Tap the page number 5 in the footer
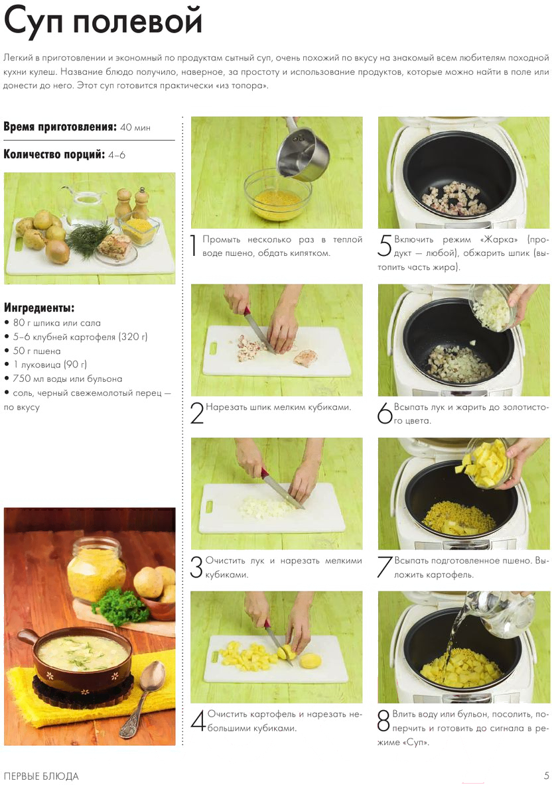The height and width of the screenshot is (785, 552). pyautogui.click(x=547, y=776)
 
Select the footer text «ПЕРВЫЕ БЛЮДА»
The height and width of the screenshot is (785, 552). pyautogui.click(x=41, y=776)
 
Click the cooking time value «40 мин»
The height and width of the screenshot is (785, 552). pyautogui.click(x=135, y=127)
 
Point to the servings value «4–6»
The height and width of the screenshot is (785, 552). pyautogui.click(x=117, y=155)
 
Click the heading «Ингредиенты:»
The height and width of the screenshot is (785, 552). pyautogui.click(x=39, y=308)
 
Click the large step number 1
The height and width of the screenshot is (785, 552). pyautogui.click(x=194, y=245)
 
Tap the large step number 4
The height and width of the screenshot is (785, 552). pyautogui.click(x=198, y=720)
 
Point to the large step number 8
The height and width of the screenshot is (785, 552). pyautogui.click(x=383, y=720)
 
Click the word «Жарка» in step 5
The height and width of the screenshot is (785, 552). pyautogui.click(x=500, y=239)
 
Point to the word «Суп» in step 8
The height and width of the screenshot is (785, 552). pyautogui.click(x=415, y=742)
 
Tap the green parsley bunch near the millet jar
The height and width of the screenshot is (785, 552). pyautogui.click(x=121, y=606)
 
